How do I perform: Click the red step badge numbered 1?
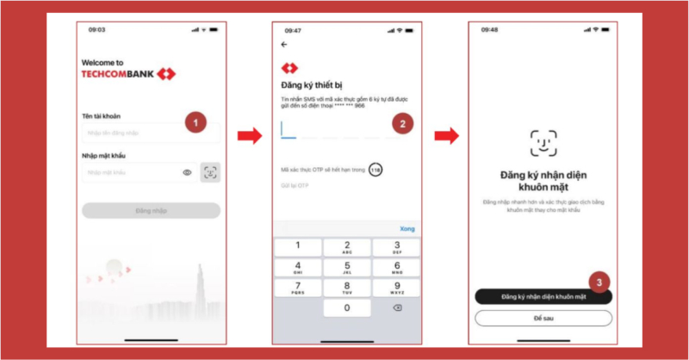click(x=196, y=122)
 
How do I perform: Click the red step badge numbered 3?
click(x=600, y=281)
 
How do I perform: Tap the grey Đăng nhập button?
click(x=151, y=211)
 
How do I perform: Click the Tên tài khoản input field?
click(x=138, y=133)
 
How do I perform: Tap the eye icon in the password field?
click(x=187, y=173)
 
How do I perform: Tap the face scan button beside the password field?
click(x=209, y=172)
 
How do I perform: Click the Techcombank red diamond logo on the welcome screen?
click(x=166, y=74)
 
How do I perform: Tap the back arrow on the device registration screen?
click(x=284, y=45)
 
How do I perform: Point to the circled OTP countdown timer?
click(x=375, y=170)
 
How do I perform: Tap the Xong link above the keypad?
click(x=407, y=228)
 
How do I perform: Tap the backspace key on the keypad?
click(x=396, y=307)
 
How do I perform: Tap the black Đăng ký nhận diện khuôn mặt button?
click(x=543, y=296)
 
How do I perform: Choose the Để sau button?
click(x=543, y=318)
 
